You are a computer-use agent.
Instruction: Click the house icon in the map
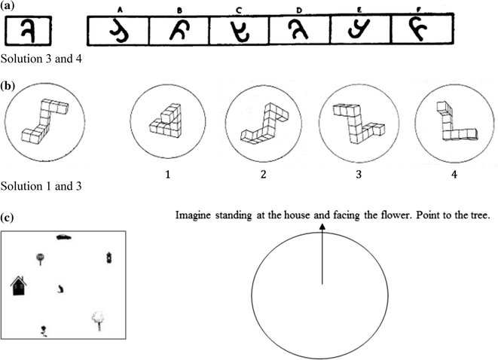click(x=20, y=286)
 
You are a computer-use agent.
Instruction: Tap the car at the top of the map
click(x=65, y=237)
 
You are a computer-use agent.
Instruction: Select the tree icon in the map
click(x=97, y=320)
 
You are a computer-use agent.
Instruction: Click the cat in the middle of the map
click(x=60, y=288)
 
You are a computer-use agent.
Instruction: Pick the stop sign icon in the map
click(x=39, y=260)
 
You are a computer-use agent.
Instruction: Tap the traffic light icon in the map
click(x=109, y=258)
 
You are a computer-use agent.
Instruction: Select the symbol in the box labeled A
click(x=118, y=30)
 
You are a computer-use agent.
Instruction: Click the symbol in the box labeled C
click(x=240, y=31)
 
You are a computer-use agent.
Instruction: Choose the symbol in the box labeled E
click(x=360, y=30)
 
